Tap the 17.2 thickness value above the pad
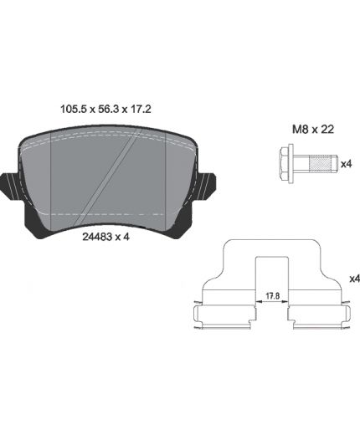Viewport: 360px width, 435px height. tap(141, 109)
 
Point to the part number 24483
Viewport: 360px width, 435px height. tap(97, 237)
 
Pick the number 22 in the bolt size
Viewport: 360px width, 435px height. tap(327, 130)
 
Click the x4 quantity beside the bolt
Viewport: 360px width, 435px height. tap(347, 164)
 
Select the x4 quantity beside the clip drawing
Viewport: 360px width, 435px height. tap(355, 279)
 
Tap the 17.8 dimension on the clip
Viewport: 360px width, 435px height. tap(272, 296)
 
